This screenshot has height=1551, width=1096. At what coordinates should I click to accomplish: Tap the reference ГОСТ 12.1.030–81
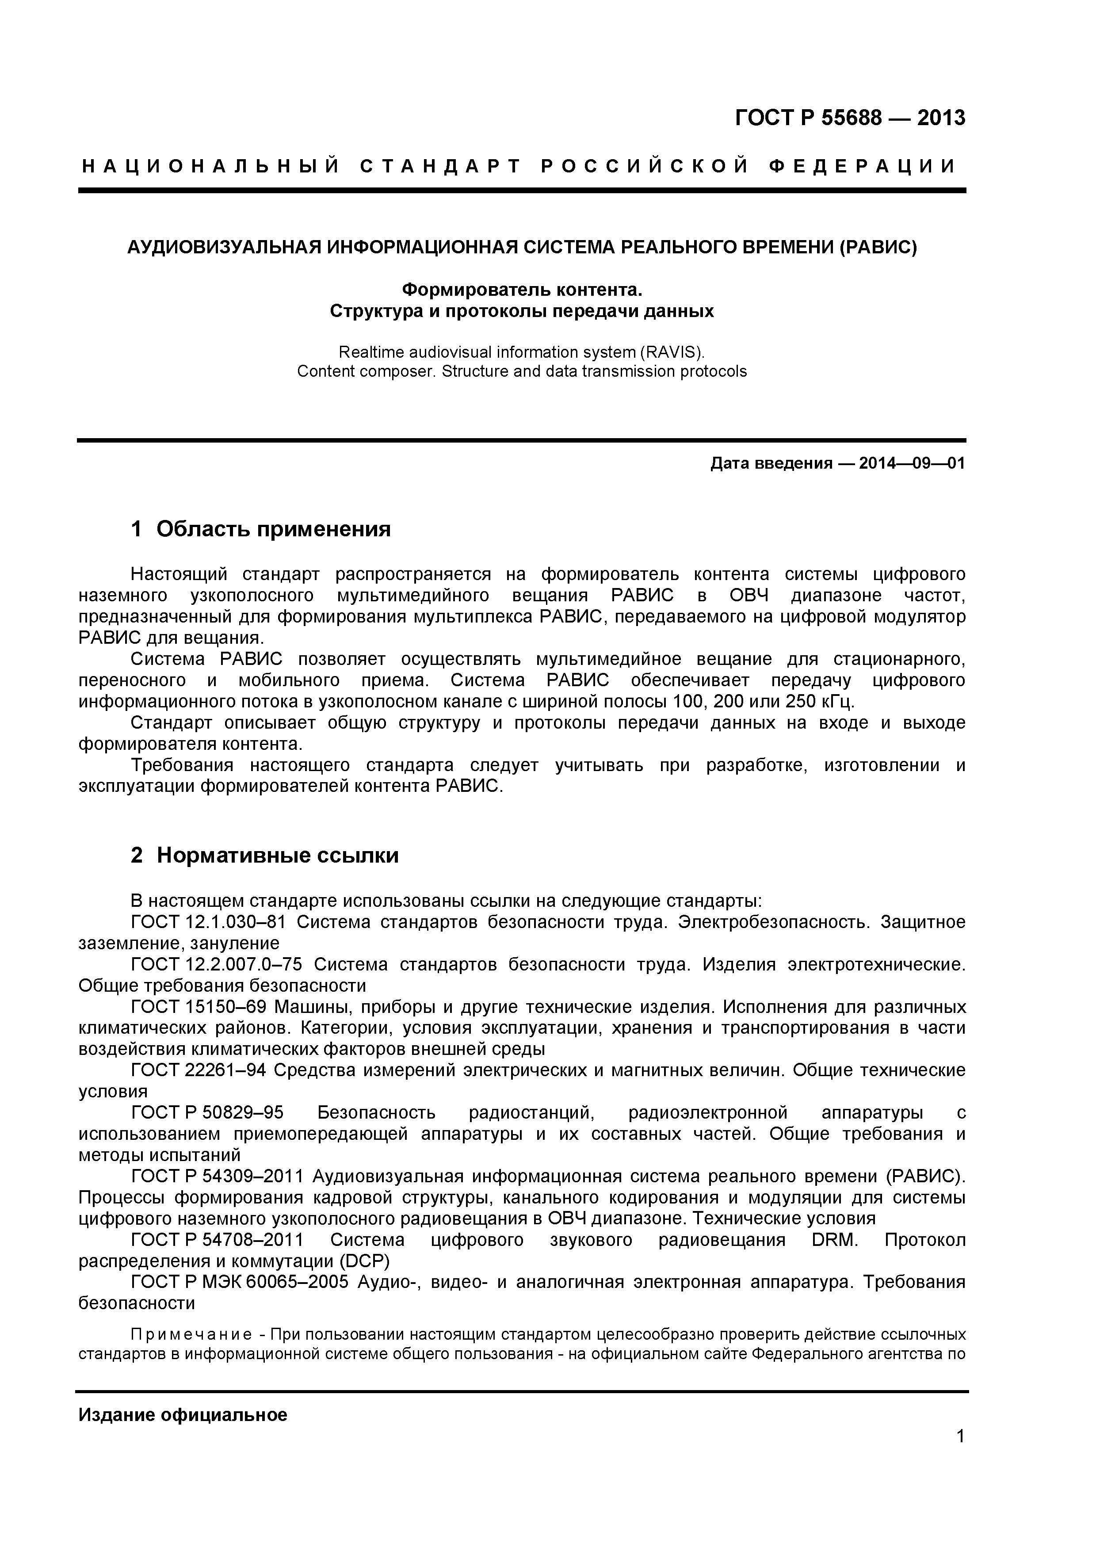209,922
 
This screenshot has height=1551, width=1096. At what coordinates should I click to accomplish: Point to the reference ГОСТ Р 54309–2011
217,1177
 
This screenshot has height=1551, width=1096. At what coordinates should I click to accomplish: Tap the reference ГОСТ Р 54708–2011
217,1240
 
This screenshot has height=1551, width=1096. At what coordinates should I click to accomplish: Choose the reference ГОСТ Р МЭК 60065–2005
240,1282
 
